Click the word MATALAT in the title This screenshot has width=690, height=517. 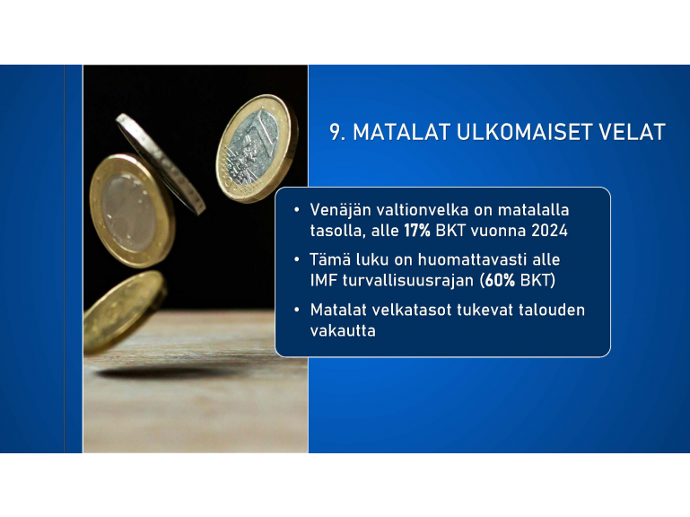(x=402, y=132)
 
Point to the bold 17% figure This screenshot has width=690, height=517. (x=417, y=231)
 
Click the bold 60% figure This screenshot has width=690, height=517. (x=500, y=280)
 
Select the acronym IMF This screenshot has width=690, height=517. (x=323, y=280)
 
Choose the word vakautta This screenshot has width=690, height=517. (x=343, y=330)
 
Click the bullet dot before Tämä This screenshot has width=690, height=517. (x=297, y=259)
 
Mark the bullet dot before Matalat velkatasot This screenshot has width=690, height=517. (x=297, y=310)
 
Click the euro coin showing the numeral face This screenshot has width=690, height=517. (x=253, y=148)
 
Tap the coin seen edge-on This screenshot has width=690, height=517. (x=161, y=164)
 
